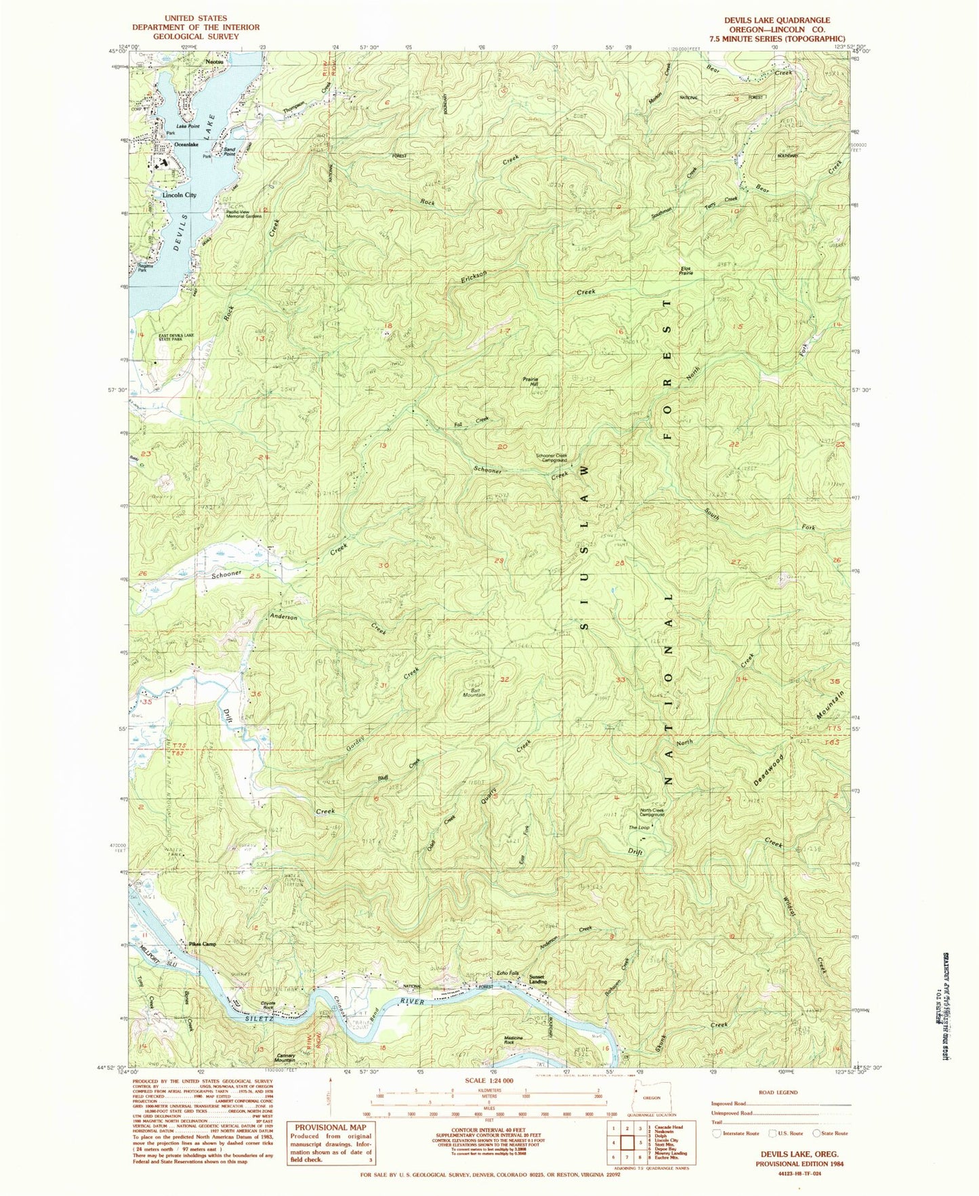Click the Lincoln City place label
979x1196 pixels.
pos(179,195)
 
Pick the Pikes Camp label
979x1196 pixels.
pos(199,944)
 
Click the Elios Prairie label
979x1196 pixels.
pos(686,270)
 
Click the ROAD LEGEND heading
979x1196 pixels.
pos(778,1092)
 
